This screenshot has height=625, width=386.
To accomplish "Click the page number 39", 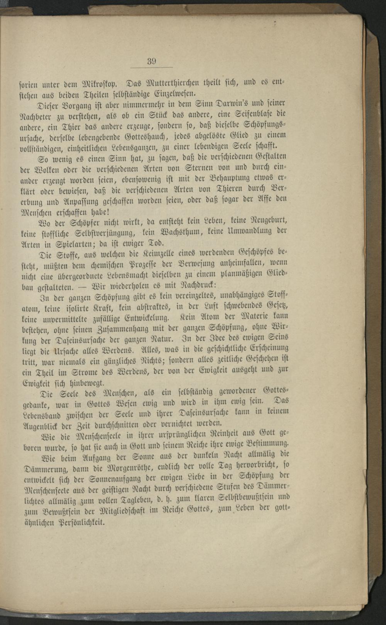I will point(151,61).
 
